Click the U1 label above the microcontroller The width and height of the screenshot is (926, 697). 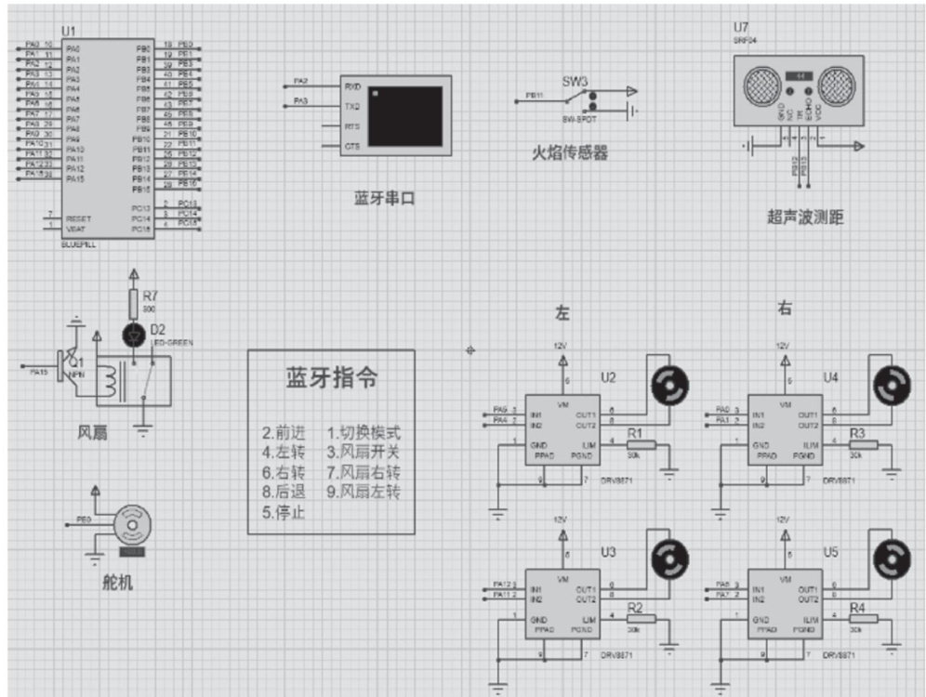click(68, 31)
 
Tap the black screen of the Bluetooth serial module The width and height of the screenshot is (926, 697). click(405, 116)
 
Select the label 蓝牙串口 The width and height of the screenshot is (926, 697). click(384, 199)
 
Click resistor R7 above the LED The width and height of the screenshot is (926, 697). click(133, 303)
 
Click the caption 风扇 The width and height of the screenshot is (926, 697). click(93, 432)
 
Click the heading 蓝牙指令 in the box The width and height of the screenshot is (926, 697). click(331, 378)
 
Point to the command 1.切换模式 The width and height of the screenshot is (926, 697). click(364, 433)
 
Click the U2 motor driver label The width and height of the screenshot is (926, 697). click(608, 377)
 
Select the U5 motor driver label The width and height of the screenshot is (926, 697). click(830, 552)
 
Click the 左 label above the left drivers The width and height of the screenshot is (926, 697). click(562, 313)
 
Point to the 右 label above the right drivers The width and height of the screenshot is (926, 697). click(785, 309)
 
